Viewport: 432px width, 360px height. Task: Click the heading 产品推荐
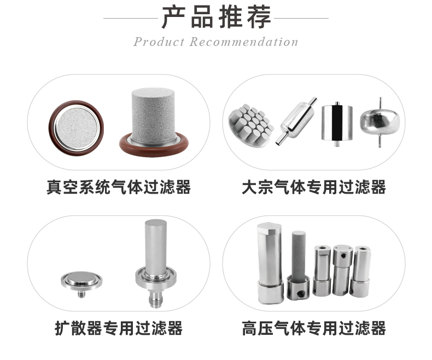tap(216, 18)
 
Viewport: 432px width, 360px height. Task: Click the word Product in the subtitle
tap(159, 42)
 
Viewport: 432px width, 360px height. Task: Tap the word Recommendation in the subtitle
tap(244, 42)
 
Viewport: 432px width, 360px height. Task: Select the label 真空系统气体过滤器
tap(119, 187)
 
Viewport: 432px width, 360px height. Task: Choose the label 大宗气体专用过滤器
tap(314, 187)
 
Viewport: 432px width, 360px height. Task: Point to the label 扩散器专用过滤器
tap(119, 328)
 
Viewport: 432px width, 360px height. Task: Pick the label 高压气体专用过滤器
tap(314, 328)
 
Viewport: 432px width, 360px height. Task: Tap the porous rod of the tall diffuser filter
tap(154, 243)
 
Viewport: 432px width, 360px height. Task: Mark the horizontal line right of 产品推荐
tap(301, 18)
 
